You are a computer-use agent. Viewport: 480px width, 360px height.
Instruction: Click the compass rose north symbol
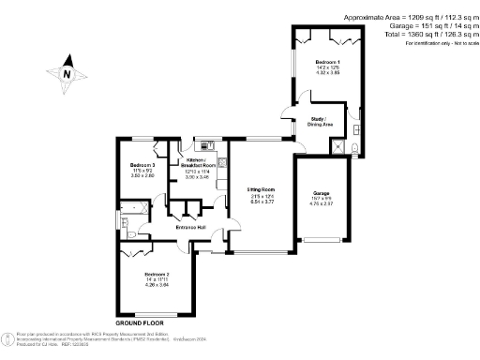[67, 72]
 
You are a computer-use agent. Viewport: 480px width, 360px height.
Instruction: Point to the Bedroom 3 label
[142, 165]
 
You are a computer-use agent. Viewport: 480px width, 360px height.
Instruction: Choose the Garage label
[322, 192]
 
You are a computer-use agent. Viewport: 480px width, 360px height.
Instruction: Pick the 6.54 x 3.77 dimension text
[262, 202]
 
